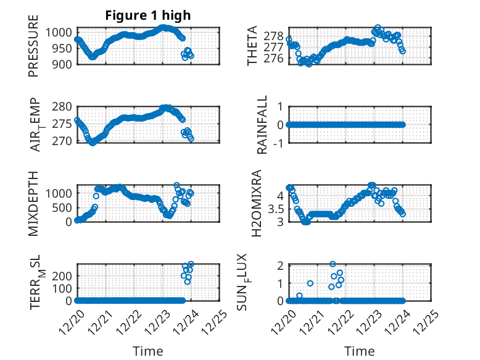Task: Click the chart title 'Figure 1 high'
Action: [148, 15]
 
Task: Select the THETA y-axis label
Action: [253, 46]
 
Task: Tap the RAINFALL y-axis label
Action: [263, 125]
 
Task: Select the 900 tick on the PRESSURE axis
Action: [64, 64]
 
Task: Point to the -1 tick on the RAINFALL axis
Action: [278, 143]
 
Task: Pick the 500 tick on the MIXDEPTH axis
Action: [64, 207]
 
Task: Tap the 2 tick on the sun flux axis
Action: [279, 266]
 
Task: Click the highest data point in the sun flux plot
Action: [333, 264]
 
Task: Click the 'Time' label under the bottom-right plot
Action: [359, 351]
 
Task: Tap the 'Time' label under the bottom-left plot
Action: [148, 351]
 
